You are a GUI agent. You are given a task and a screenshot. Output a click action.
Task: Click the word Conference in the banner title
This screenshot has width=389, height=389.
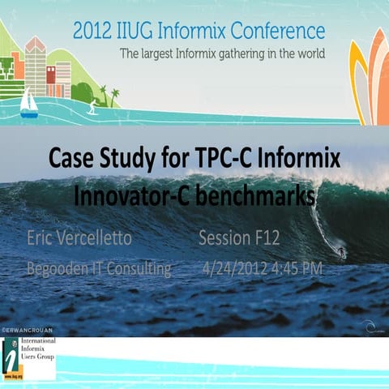(x=278, y=32)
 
